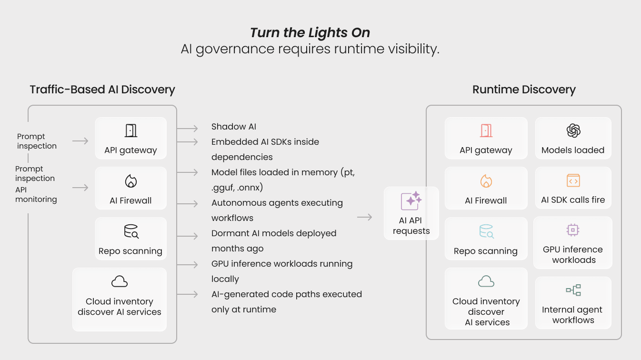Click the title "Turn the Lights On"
click(310, 32)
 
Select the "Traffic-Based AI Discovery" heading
click(102, 90)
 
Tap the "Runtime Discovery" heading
click(524, 90)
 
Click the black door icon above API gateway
click(130, 130)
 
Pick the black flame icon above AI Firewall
click(130, 181)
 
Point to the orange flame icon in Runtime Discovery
click(486, 181)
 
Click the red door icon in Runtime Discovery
click(486, 130)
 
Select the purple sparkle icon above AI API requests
click(411, 201)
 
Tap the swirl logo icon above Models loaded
click(573, 130)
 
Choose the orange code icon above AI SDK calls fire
click(573, 180)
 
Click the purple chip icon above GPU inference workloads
click(572, 230)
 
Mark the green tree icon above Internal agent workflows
click(573, 290)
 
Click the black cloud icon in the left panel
click(120, 281)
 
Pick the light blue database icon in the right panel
click(486, 231)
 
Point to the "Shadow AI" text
click(234, 127)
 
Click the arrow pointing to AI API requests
click(364, 218)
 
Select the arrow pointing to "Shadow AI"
click(188, 128)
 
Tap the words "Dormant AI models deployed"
click(274, 233)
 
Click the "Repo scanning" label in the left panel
click(130, 251)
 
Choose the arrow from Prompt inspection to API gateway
click(80, 141)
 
